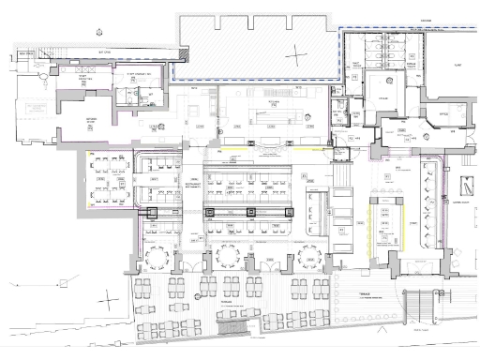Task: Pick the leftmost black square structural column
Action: [x=151, y=215]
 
